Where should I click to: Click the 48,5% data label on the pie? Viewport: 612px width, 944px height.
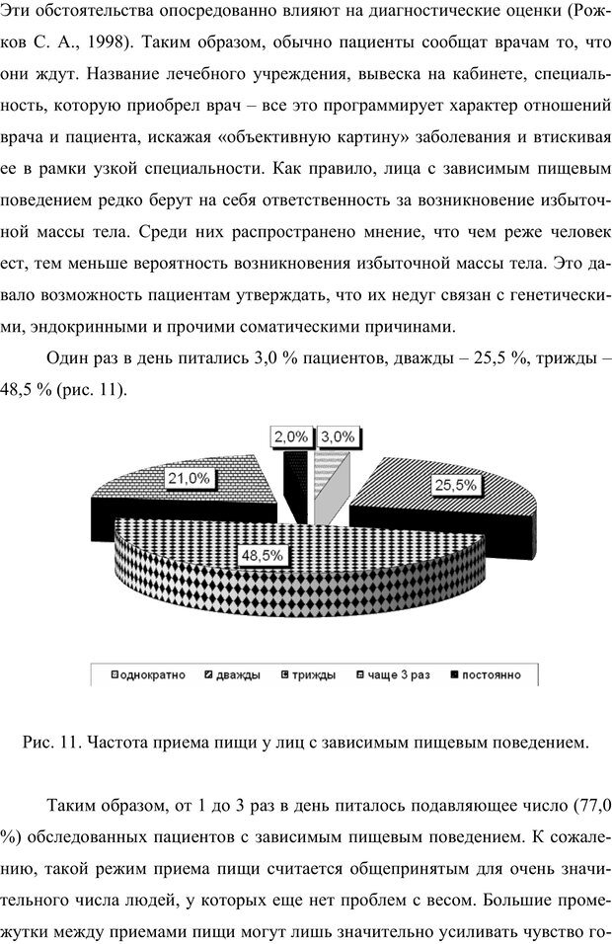(263, 555)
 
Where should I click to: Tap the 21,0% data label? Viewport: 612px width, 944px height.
(188, 478)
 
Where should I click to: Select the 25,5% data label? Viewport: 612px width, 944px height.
(455, 485)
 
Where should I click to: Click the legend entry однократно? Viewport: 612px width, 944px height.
(153, 675)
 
